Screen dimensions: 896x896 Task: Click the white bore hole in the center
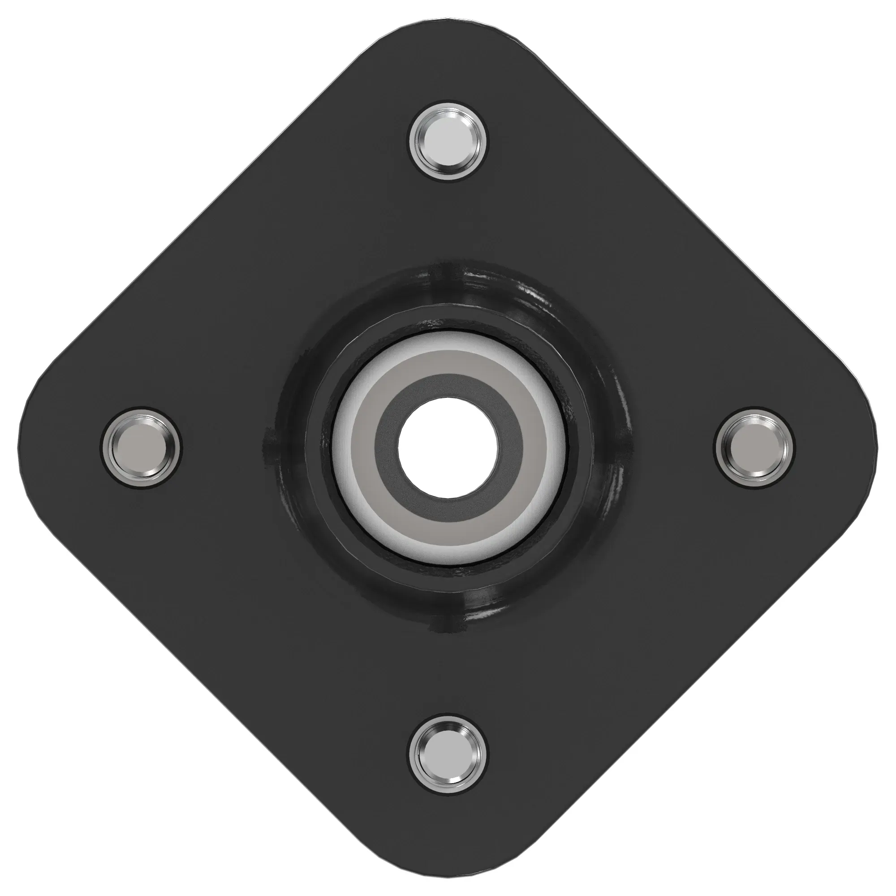coord(448,448)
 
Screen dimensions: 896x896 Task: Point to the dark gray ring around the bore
coord(448,386)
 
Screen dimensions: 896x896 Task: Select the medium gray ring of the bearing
coord(448,363)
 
